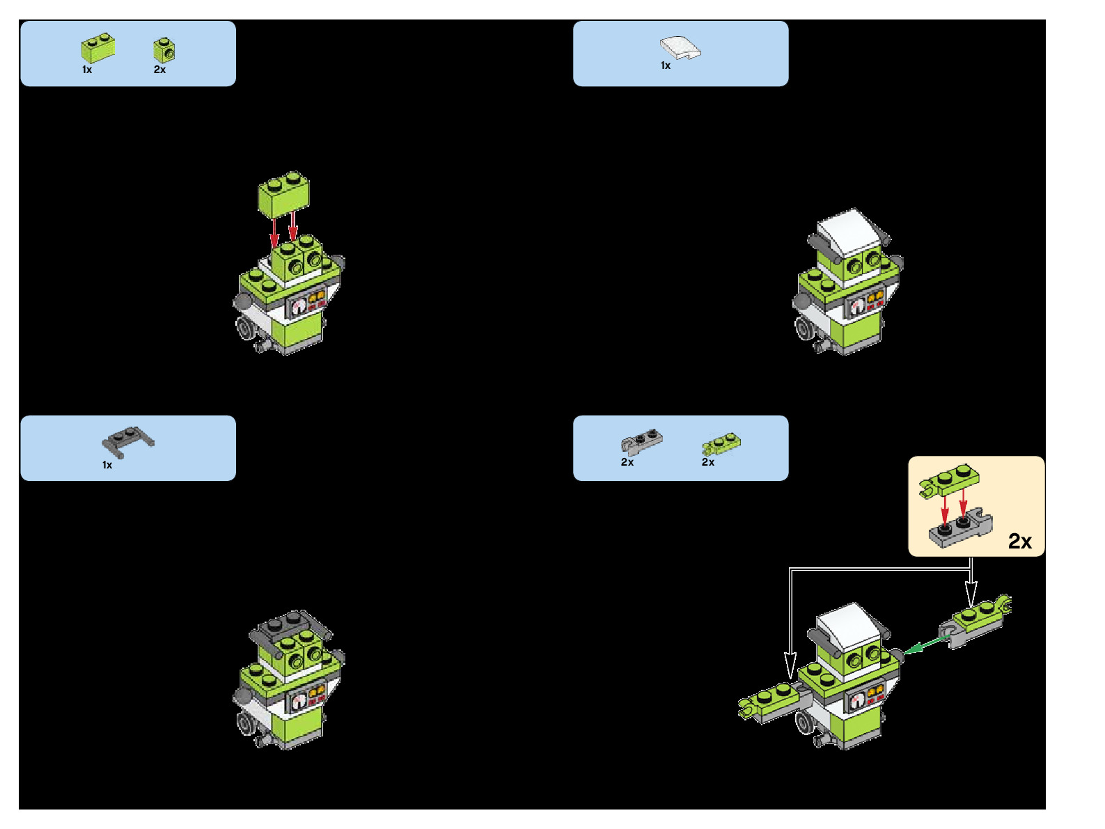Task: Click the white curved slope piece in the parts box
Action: [x=680, y=48]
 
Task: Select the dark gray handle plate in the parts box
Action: [x=127, y=441]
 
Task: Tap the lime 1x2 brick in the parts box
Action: [x=98, y=47]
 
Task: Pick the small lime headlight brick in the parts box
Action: [x=164, y=49]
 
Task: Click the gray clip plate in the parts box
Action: [x=641, y=441]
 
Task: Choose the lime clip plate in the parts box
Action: [x=721, y=443]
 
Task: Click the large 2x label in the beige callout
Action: [x=1019, y=541]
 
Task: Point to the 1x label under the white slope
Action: [x=666, y=65]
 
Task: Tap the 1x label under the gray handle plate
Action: [x=107, y=465]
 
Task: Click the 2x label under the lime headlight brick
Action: [x=159, y=70]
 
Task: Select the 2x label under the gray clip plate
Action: [x=627, y=462]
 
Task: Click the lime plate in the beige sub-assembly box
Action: [x=949, y=480]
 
